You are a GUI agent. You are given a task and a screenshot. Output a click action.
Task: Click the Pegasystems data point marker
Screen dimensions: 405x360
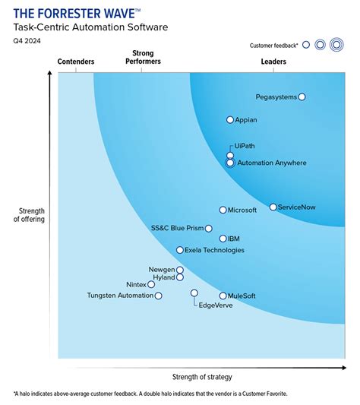coord(302,97)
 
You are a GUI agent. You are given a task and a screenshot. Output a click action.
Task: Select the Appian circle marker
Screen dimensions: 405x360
coord(230,120)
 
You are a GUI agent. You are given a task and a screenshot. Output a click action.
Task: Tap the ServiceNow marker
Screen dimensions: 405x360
coord(273,207)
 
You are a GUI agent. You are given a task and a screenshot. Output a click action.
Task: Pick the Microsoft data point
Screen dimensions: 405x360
coord(223,210)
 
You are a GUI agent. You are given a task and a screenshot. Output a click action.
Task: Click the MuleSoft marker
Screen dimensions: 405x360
coord(223,296)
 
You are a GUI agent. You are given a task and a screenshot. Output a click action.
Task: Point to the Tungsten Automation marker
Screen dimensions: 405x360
coord(158,296)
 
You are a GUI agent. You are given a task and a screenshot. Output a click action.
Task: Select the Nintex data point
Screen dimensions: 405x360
coord(151,284)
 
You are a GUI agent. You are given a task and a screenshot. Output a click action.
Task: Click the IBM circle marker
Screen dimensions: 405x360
coord(223,239)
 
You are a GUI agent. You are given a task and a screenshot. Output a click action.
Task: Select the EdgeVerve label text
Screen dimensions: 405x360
coord(215,305)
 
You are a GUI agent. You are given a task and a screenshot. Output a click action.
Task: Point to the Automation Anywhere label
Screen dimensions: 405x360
coord(271,163)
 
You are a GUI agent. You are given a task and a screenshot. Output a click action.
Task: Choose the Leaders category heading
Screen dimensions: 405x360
coord(273,62)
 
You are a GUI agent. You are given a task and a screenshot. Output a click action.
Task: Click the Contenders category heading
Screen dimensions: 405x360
coord(76,62)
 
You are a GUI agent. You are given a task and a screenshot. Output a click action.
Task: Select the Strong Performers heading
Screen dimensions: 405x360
coord(142,57)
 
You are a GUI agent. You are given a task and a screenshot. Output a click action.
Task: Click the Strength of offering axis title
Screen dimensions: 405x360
coord(29,215)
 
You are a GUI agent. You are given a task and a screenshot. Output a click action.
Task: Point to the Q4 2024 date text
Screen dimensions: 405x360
coord(27,42)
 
